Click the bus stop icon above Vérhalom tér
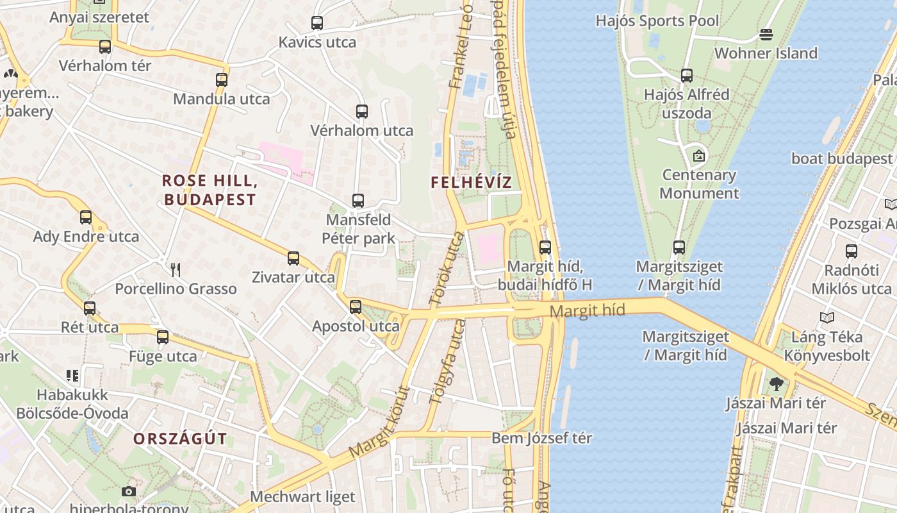(x=105, y=47)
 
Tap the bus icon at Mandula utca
(x=222, y=80)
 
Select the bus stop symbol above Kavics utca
(x=317, y=23)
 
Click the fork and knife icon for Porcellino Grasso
(x=176, y=270)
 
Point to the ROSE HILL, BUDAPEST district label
(x=210, y=190)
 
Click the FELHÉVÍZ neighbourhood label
(x=471, y=182)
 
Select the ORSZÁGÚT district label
(x=180, y=439)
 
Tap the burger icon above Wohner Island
(x=766, y=34)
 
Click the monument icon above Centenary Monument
(x=699, y=156)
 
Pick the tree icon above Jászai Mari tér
(x=777, y=384)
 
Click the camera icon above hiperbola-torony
(x=129, y=491)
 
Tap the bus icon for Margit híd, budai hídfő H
(x=545, y=247)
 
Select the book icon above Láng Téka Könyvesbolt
(x=827, y=317)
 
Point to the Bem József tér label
(x=541, y=438)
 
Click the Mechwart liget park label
(x=302, y=496)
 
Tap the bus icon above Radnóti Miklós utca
(x=852, y=251)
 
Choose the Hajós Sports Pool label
(x=657, y=21)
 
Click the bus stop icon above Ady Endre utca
(x=86, y=217)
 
